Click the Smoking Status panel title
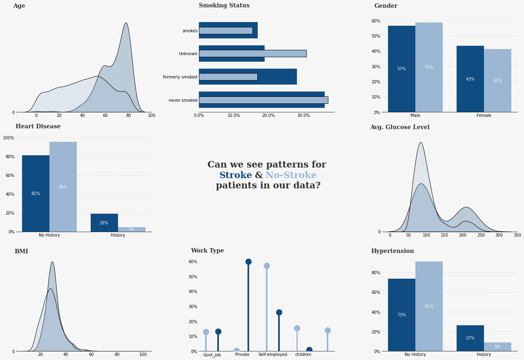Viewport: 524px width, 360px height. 224,6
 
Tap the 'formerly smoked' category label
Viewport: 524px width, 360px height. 180,77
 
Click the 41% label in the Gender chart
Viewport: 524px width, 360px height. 497,81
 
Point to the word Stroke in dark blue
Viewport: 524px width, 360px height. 235,175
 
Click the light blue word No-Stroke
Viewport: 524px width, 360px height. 291,175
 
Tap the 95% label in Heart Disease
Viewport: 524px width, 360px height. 63,187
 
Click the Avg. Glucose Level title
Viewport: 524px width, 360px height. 399,127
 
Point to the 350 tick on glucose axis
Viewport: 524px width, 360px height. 517,235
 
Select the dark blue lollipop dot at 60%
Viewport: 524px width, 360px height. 248,262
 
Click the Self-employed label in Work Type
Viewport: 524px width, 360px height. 272,355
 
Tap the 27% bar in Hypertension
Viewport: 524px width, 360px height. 470,338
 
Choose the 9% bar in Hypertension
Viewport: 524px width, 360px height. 497,347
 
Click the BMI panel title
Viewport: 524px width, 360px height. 21,252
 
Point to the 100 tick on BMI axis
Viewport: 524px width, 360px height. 143,355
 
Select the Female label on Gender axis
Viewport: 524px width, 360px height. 484,116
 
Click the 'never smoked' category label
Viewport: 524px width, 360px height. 183,100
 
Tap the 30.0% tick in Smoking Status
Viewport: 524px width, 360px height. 303,116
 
